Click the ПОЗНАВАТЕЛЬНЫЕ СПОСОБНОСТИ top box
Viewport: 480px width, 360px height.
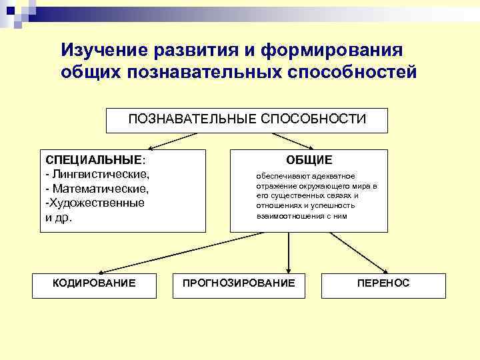click(247, 119)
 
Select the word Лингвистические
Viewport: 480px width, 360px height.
click(97, 175)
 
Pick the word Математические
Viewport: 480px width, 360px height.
click(97, 189)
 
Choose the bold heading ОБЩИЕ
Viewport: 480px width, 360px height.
click(309, 161)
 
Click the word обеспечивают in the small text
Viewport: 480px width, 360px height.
click(280, 176)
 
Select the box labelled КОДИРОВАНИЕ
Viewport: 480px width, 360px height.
click(94, 283)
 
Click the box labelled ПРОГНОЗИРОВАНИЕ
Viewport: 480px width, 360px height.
click(239, 283)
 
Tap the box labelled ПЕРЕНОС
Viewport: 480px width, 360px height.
click(383, 283)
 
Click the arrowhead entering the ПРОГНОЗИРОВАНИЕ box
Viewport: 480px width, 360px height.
click(288, 268)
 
